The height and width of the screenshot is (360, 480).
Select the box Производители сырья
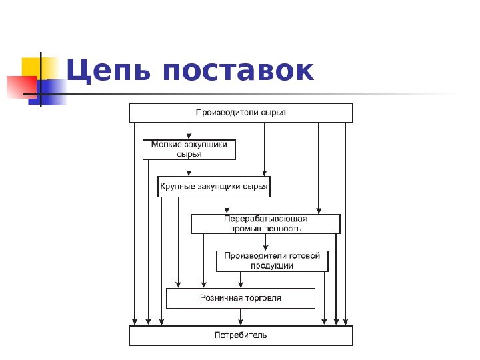point(240,113)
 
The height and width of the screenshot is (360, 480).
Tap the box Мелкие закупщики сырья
point(189,149)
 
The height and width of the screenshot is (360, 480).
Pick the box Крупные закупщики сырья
point(213,187)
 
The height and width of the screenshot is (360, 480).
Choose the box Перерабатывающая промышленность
point(265,223)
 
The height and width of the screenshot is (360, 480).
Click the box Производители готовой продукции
point(272,261)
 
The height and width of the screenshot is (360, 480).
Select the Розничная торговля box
point(240,298)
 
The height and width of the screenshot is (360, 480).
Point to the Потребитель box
point(240,335)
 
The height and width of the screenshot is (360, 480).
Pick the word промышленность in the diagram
point(265,229)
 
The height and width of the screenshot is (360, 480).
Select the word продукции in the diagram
point(272,266)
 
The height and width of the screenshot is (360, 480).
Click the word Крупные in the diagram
point(175,187)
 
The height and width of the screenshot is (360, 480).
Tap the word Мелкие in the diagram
point(165,143)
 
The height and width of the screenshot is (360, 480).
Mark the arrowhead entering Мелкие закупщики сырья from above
point(189,135)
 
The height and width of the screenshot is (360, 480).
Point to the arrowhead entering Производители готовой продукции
point(265,247)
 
